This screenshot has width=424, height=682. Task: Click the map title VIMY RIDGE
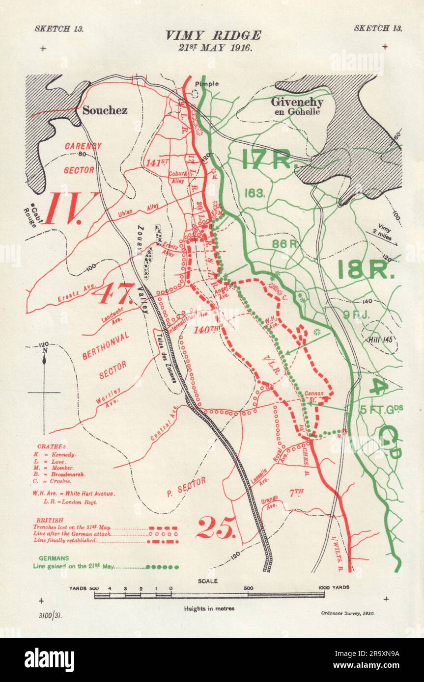pyautogui.click(x=213, y=35)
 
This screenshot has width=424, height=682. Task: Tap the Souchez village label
pyautogui.click(x=105, y=110)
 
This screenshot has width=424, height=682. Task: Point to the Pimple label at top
pyautogui.click(x=206, y=84)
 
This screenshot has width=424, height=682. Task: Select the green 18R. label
pyautogui.click(x=366, y=269)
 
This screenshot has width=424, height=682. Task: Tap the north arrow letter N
pyautogui.click(x=44, y=350)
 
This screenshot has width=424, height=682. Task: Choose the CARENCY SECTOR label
pyautogui.click(x=83, y=157)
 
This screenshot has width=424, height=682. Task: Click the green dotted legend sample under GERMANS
pyautogui.click(x=163, y=567)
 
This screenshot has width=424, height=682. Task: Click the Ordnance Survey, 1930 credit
pyautogui.click(x=347, y=613)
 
